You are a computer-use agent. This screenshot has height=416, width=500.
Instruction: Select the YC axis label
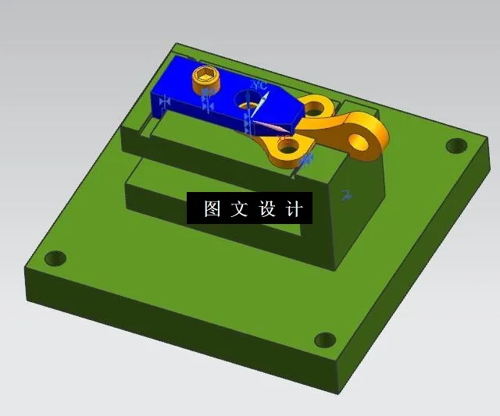coord(259,84)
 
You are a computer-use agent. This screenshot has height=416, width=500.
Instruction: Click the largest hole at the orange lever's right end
coord(360,141)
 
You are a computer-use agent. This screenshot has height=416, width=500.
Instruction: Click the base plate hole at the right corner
coord(455,145)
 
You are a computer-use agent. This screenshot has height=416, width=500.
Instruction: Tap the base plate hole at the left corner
coord(55,258)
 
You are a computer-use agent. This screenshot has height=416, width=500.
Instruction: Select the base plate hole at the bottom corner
coord(324,340)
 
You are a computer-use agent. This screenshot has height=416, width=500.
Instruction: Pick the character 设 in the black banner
coord(266,209)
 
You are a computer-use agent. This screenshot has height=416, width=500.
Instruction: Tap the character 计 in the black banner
coord(293,209)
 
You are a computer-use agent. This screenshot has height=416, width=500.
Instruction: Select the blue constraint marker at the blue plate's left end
coord(164,101)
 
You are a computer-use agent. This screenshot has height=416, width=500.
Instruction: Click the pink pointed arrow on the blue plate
coord(270,126)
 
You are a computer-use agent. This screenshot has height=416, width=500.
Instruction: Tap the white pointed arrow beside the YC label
coord(264,102)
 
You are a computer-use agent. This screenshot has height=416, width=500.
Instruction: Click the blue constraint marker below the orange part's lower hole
coord(306,159)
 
